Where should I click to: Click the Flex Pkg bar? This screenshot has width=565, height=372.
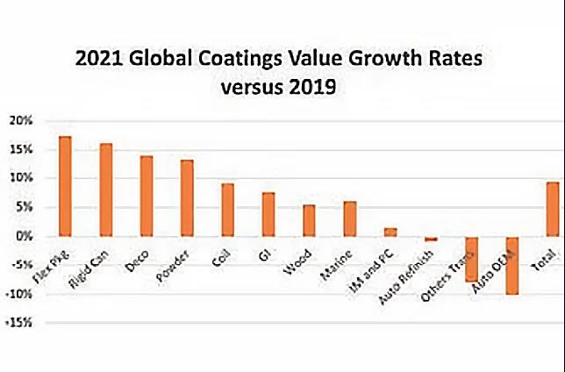[x=65, y=186]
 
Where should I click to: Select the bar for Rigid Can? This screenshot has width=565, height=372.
[x=105, y=190]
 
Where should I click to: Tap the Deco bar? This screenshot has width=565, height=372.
[x=147, y=196]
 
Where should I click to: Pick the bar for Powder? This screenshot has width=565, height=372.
[x=187, y=197]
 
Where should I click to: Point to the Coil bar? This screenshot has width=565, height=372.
[x=227, y=210]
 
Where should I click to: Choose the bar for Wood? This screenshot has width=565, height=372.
[x=309, y=220]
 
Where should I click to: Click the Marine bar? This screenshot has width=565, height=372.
[x=350, y=218]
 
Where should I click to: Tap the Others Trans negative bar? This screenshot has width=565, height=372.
[x=472, y=259]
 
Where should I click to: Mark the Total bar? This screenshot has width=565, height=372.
[x=553, y=209]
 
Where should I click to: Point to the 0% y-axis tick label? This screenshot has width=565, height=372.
[x=23, y=236]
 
